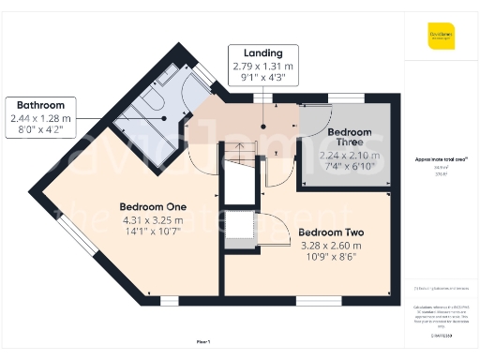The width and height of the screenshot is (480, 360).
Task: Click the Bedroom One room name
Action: [152, 206]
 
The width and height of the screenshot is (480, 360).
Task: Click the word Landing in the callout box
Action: [263, 53]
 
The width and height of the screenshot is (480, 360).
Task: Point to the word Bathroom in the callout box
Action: [39, 105]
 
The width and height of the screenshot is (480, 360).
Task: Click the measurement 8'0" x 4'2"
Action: [39, 130]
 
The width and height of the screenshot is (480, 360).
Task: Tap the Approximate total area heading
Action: [441, 160]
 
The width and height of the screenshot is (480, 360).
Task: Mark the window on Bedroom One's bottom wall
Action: [170, 300]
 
